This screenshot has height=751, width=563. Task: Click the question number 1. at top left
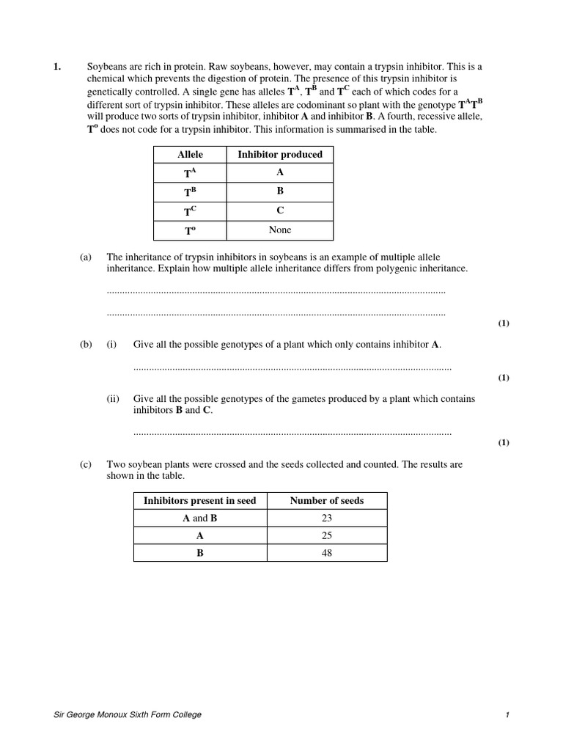tap(57, 67)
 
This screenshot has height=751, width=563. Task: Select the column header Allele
tap(190, 154)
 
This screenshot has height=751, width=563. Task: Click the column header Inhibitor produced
tap(280, 154)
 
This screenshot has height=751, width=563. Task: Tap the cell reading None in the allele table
tap(280, 230)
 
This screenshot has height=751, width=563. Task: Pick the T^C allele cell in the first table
tap(190, 211)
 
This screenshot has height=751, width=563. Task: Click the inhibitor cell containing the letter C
tap(280, 210)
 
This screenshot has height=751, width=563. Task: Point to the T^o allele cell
tap(190, 230)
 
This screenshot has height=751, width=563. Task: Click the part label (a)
tap(87, 257)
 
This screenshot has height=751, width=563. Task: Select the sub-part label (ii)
tap(113, 399)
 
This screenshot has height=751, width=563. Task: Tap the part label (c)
tap(87, 465)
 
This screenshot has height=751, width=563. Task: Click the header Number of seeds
tap(327, 501)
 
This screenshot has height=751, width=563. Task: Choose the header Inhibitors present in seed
tap(200, 501)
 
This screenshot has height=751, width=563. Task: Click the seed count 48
tap(327, 553)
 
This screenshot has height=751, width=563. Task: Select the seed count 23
tap(327, 518)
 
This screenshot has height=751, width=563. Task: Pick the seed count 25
tap(327, 535)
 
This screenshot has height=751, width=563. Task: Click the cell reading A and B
tap(200, 518)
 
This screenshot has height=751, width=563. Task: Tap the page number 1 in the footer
tap(507, 714)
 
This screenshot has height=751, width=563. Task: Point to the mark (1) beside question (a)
tap(503, 323)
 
